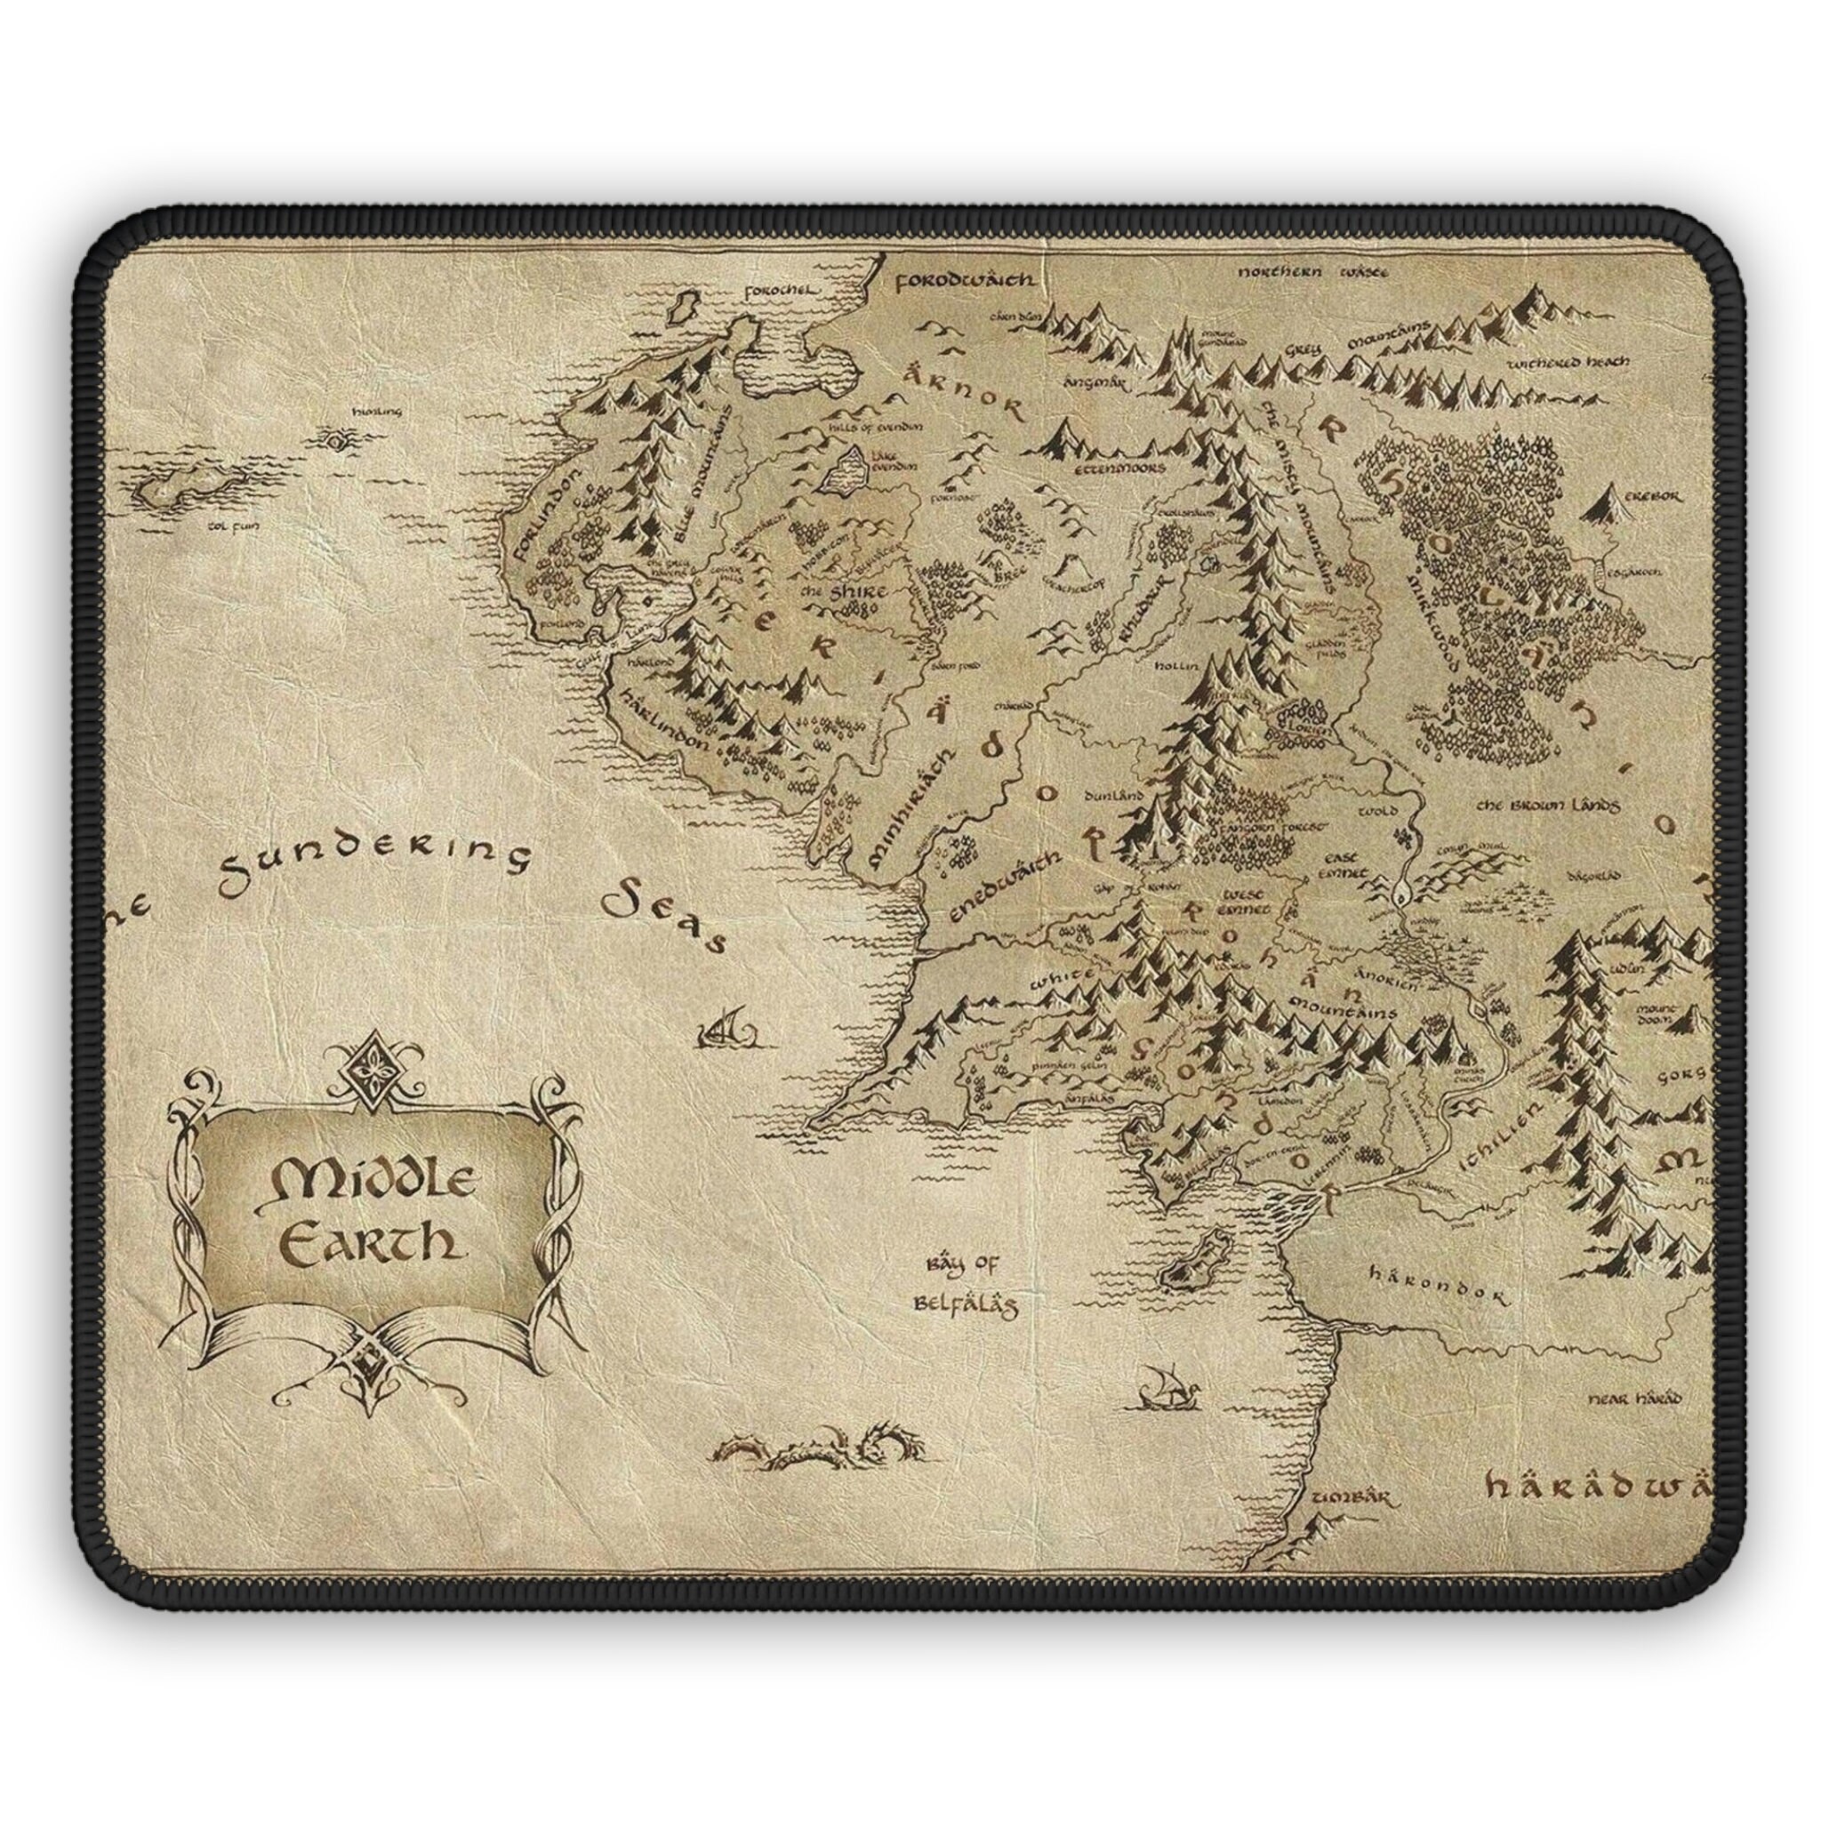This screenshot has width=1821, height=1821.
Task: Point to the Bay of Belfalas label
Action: (x=962, y=1286)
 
